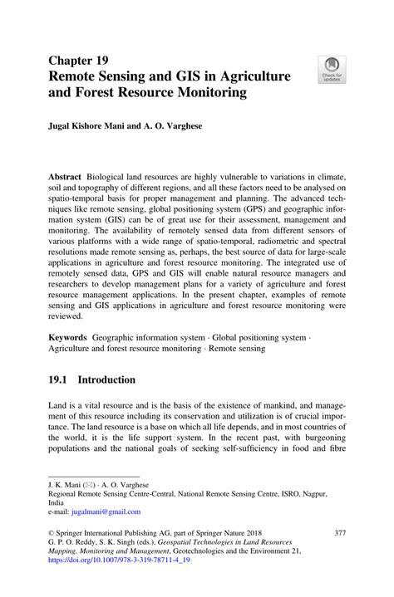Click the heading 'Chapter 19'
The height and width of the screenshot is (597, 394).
pyautogui.click(x=81, y=61)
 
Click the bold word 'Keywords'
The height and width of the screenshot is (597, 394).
pyautogui.click(x=69, y=339)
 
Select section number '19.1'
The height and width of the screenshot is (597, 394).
pyautogui.click(x=61, y=379)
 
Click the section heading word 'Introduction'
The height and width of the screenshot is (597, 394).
pyautogui.click(x=106, y=379)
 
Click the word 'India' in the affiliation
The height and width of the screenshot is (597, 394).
pyautogui.click(x=57, y=502)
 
